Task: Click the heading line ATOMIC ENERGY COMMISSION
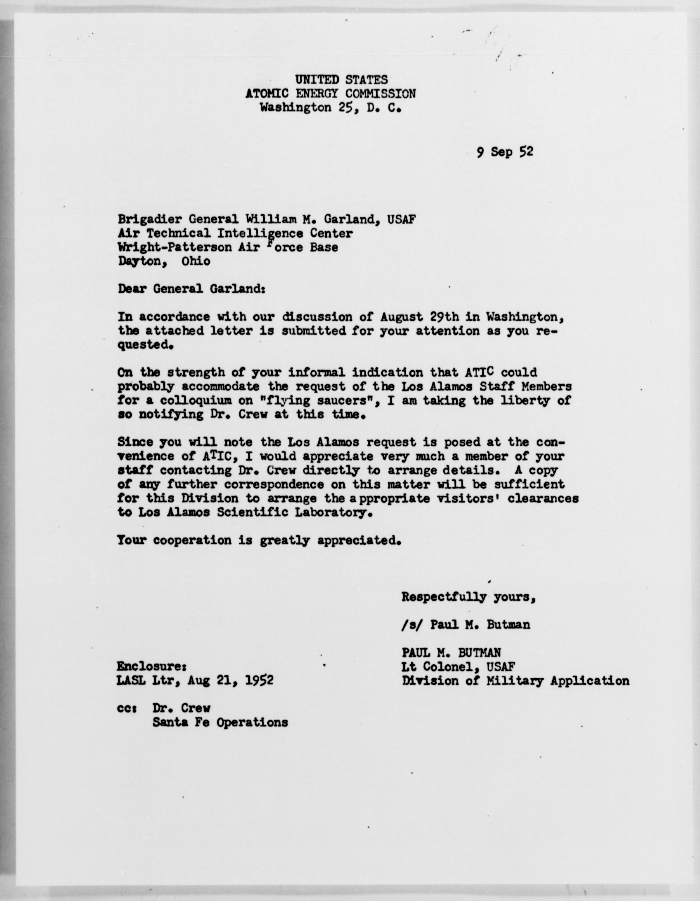330,94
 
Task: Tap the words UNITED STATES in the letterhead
341,79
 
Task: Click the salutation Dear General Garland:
191,289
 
